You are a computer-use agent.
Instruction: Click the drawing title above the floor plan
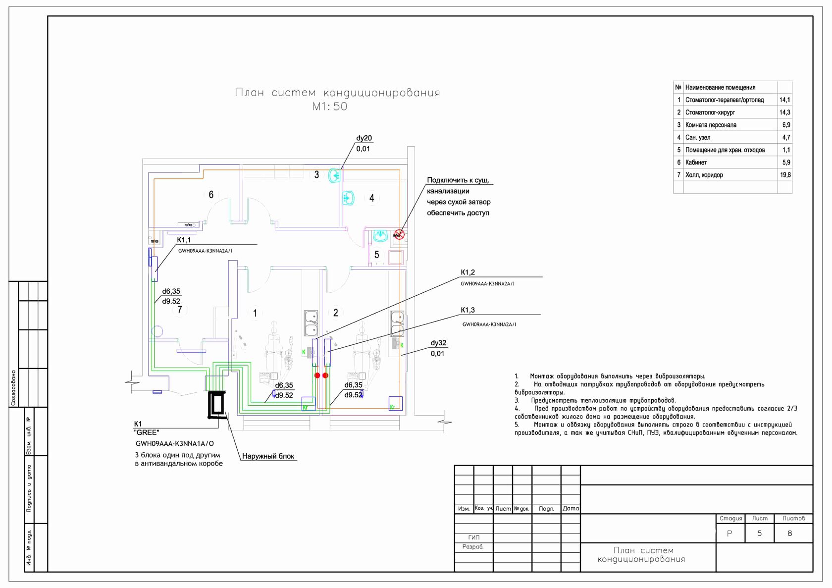pos(337,93)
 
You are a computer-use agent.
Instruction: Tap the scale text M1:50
pos(329,107)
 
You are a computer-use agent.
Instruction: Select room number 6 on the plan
pos(211,195)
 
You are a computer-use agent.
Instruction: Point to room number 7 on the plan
pos(180,310)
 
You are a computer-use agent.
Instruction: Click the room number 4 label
pos(372,198)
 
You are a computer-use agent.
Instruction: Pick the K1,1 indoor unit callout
pos(184,240)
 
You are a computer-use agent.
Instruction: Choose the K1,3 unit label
pos(468,310)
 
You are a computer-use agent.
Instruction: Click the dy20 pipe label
pos(364,138)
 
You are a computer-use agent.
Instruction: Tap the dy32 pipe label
pos(438,343)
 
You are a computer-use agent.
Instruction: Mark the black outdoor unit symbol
pos(217,405)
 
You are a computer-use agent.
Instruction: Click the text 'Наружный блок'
pos(268,456)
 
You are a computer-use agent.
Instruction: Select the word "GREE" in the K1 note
pos(147,433)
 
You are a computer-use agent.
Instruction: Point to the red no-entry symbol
pos(399,234)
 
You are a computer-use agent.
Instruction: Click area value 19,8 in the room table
pos(785,175)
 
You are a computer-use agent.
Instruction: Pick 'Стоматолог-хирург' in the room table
pos(710,112)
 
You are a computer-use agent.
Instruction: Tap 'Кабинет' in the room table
pos(696,162)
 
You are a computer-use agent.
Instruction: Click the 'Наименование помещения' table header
pos(720,87)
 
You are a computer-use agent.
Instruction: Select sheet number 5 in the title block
pos(759,534)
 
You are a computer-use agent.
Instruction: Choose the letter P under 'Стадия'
pos(729,534)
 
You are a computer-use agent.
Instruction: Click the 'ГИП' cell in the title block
pos(473,537)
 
